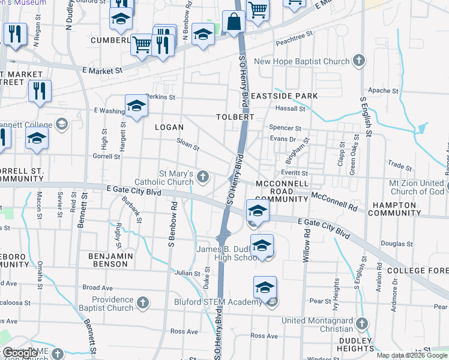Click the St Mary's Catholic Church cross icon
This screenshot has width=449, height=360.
pos(203,176)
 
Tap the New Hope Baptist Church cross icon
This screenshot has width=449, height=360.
pos(358,61)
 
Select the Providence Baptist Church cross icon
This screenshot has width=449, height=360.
pos(143,302)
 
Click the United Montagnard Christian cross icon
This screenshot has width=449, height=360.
pos(361,324)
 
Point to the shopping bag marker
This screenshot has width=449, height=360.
pos(232,22)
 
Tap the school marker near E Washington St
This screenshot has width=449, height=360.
pos(136,106)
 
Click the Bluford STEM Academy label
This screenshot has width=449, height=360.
pos(217,302)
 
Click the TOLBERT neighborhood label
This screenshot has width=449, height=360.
pos(235,117)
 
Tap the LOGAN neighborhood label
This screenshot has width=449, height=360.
pos(169,127)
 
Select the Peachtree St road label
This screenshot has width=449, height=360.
pos(295,43)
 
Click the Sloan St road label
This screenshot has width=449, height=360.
pos(187,144)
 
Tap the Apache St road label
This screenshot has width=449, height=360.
pos(379,91)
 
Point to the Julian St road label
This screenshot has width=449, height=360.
pos(187,274)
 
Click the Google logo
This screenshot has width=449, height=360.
pos(20,353)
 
